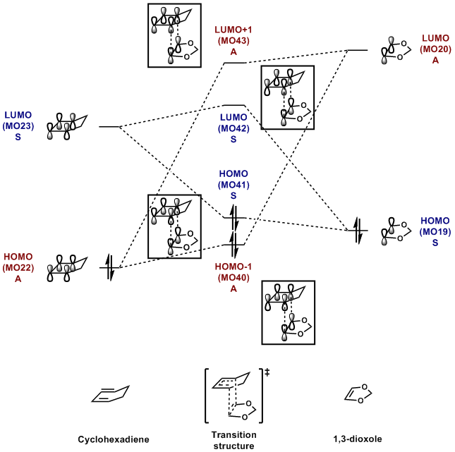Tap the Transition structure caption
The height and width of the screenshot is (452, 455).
tap(233, 440)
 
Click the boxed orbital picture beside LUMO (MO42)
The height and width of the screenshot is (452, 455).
tap(287, 98)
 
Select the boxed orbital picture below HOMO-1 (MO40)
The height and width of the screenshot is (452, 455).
tap(287, 312)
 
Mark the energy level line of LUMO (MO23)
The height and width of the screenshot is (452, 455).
tap(109, 127)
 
